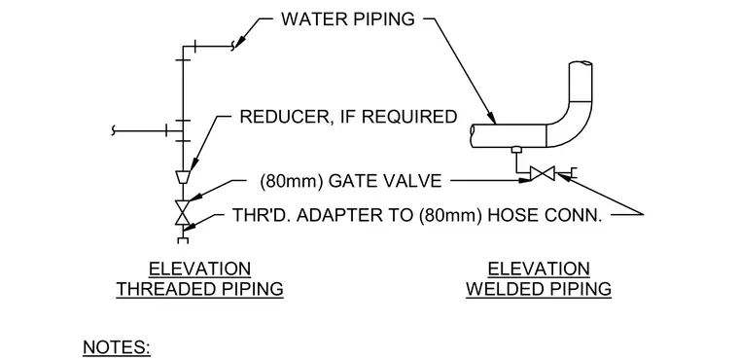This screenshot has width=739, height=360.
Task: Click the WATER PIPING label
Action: (348, 19)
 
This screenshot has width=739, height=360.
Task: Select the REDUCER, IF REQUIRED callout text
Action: (348, 117)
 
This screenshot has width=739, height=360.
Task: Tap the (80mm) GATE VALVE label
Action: (351, 181)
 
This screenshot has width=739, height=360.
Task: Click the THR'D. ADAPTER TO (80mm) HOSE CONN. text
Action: (417, 215)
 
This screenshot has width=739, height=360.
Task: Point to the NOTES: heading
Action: (117, 346)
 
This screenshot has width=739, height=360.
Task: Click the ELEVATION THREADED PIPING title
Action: (200, 279)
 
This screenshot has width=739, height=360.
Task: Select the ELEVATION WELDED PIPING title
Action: (539, 279)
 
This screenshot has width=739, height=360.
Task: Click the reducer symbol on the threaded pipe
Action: (183, 177)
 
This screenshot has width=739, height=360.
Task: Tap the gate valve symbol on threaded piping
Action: (183, 212)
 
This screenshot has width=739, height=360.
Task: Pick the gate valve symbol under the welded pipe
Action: (542, 173)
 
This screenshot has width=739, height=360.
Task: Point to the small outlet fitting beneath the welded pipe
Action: (517, 150)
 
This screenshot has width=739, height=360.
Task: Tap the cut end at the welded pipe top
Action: (581, 63)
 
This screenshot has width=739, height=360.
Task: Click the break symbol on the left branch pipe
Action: (113, 129)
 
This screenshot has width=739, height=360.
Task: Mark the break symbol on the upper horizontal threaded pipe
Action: (232, 47)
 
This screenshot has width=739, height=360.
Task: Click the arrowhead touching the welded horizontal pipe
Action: (491, 118)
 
